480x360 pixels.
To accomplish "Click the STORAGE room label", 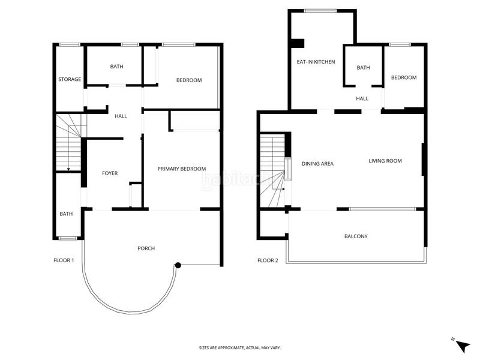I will pyautogui.click(x=70, y=79).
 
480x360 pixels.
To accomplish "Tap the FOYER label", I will pyautogui.click(x=110, y=173).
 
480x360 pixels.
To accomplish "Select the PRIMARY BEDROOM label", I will pyautogui.click(x=182, y=169).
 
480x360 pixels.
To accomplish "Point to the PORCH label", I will pyautogui.click(x=146, y=248).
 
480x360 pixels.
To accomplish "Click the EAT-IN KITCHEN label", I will pyautogui.click(x=316, y=62).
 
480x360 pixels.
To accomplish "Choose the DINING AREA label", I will pyautogui.click(x=317, y=163).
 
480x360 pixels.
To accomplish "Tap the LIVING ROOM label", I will pyautogui.click(x=385, y=161).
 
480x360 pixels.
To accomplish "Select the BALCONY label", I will pyautogui.click(x=356, y=236).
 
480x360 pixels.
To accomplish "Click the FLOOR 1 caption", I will pyautogui.click(x=64, y=260).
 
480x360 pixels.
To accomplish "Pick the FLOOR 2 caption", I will pyautogui.click(x=268, y=260).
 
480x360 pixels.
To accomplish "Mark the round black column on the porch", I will pyautogui.click(x=178, y=265).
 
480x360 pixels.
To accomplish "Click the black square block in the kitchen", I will pyautogui.click(x=297, y=43).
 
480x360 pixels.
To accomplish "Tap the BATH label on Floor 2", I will pyautogui.click(x=364, y=68).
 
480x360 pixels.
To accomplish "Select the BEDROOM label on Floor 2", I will pyautogui.click(x=404, y=78).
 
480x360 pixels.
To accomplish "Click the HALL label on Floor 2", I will pyautogui.click(x=362, y=99).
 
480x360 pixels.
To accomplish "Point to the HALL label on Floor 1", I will pyautogui.click(x=121, y=116).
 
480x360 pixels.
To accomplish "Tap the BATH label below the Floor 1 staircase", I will pyautogui.click(x=66, y=214).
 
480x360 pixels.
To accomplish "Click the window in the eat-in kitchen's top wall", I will pyautogui.click(x=320, y=10).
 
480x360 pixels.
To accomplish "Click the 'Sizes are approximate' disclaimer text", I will pyautogui.click(x=240, y=348).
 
